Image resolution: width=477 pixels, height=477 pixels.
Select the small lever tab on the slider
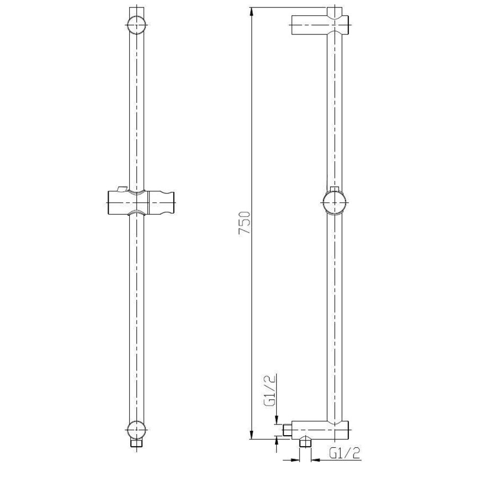click(x=122, y=188)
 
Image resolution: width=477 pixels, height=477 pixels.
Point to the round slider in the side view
click(x=334, y=202)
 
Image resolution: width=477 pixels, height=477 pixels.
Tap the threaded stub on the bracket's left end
click(x=289, y=429)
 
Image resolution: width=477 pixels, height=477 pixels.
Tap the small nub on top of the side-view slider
click(x=334, y=189)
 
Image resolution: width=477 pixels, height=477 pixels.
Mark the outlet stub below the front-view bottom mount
click(x=137, y=443)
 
